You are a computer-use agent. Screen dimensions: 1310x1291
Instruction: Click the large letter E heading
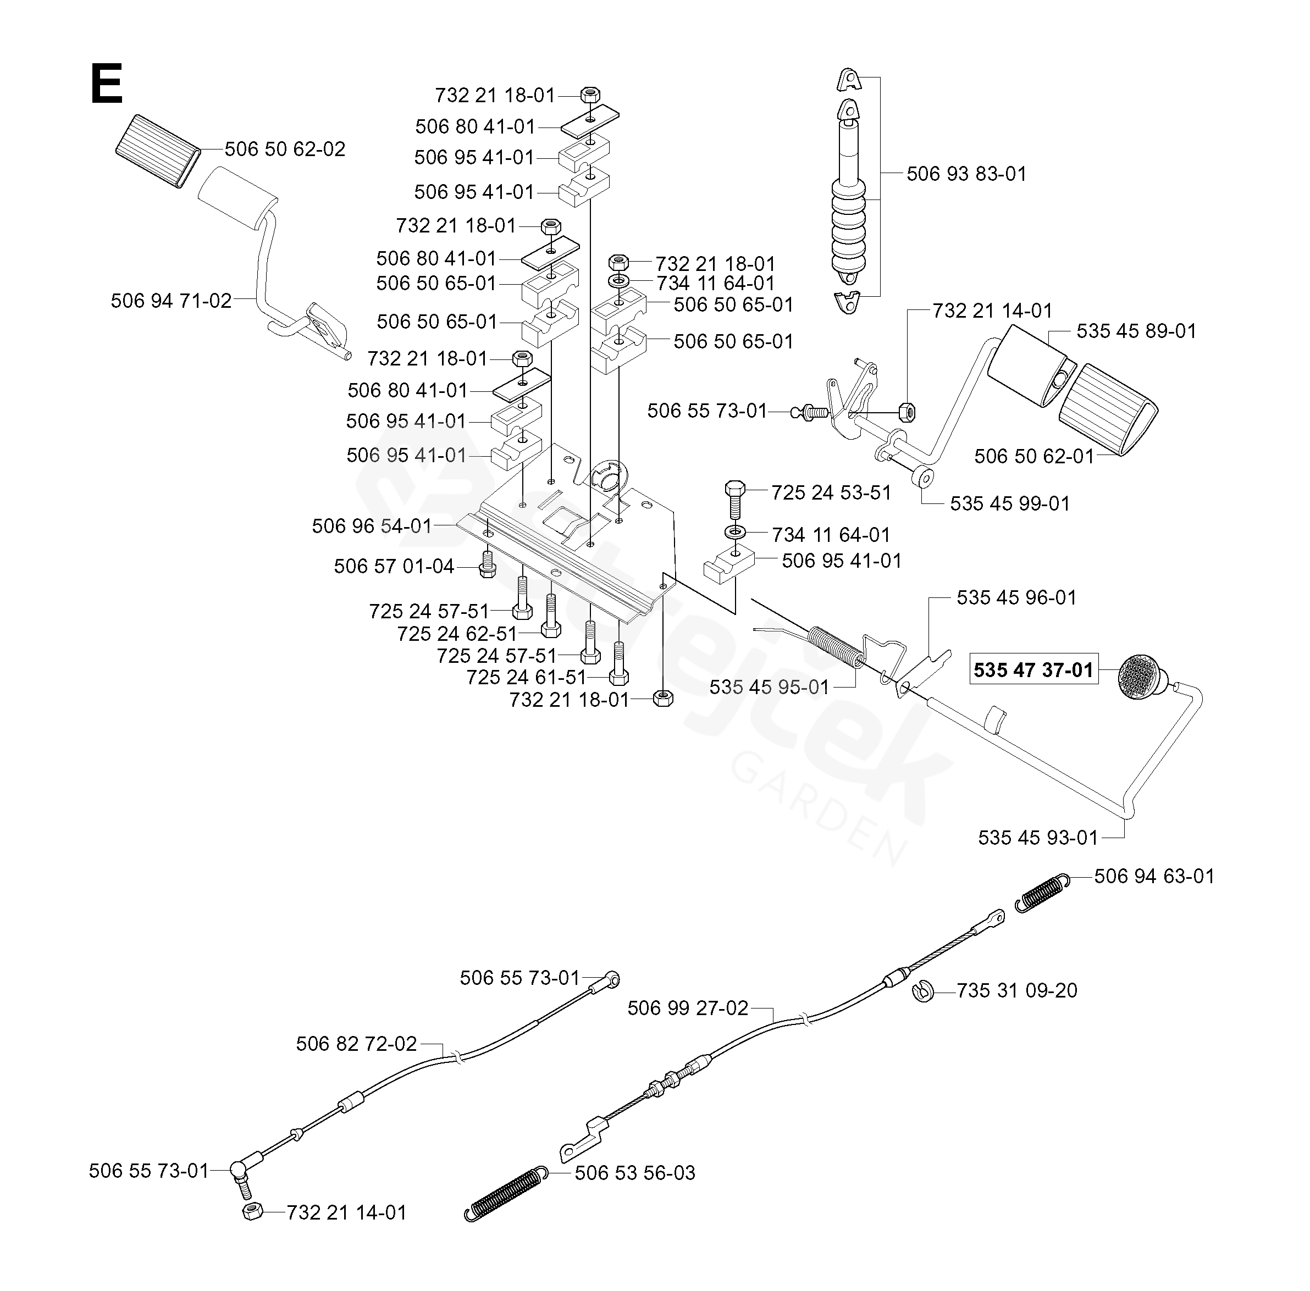tap(107, 84)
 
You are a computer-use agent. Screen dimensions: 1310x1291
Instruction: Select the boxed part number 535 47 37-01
tap(1033, 669)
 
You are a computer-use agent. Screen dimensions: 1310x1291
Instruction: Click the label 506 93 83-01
tap(966, 174)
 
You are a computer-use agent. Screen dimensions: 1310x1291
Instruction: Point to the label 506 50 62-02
tap(285, 148)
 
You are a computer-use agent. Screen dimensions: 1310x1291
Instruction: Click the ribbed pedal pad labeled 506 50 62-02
tap(158, 151)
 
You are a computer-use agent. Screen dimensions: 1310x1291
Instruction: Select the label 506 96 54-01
tap(372, 525)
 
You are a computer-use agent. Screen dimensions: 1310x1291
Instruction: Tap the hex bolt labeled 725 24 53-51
tap(735, 500)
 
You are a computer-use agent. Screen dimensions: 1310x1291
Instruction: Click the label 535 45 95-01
tap(770, 687)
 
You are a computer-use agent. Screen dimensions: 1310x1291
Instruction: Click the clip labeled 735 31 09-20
tap(924, 991)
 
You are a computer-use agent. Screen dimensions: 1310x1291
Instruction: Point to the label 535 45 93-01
tap(1037, 838)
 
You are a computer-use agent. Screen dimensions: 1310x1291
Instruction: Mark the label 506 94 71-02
tap(172, 301)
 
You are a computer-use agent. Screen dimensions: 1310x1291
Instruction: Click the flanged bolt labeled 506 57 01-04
tap(485, 564)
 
